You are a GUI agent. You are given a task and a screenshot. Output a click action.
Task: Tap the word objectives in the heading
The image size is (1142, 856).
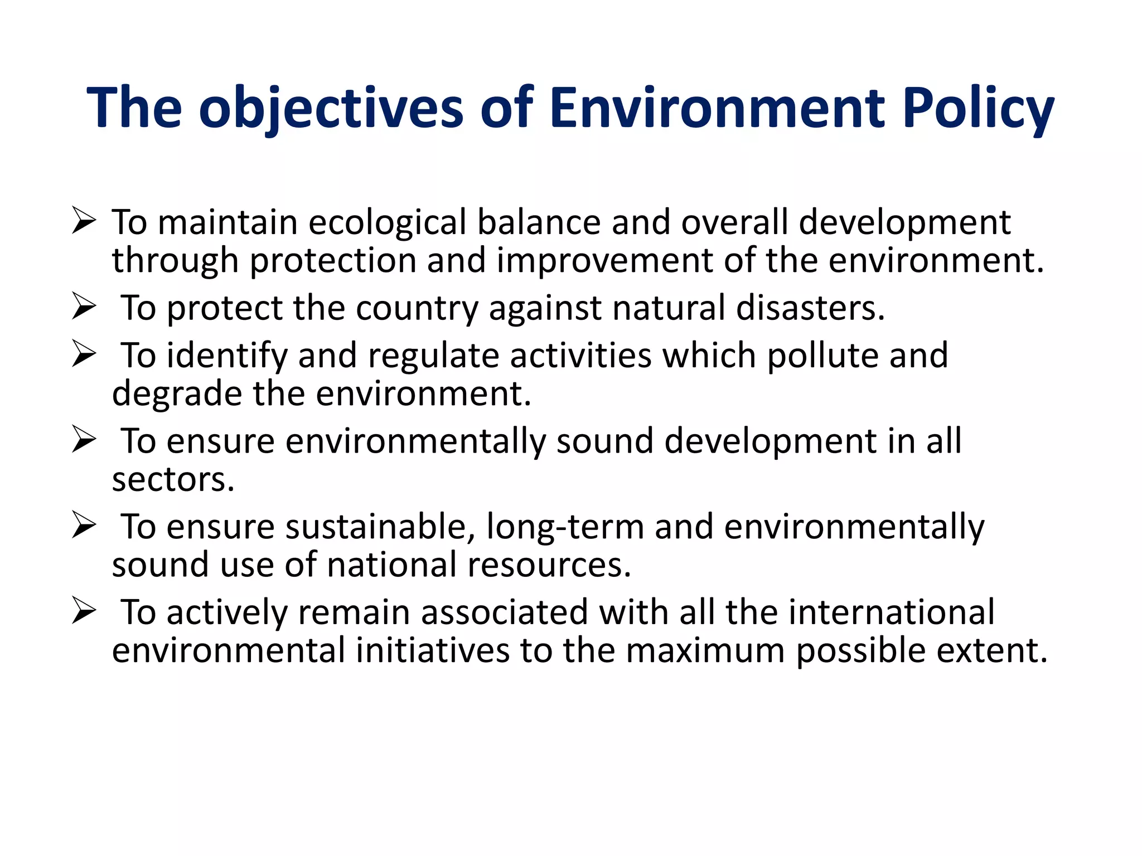pyautogui.click(x=331, y=109)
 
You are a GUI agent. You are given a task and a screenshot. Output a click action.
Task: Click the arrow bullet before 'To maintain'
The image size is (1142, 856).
pyautogui.click(x=84, y=221)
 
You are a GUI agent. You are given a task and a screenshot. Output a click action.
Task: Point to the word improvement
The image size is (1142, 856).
pyautogui.click(x=604, y=261)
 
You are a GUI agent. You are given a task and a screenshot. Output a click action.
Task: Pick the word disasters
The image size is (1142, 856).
pyautogui.click(x=810, y=308)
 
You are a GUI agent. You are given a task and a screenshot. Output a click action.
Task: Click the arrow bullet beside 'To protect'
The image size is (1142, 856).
pyautogui.click(x=84, y=307)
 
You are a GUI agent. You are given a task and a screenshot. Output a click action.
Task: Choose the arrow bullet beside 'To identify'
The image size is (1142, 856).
pyautogui.click(x=84, y=354)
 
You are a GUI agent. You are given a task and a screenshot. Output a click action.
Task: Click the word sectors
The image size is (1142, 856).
pyautogui.click(x=173, y=480)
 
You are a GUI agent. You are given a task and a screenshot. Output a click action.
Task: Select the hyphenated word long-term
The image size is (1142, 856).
pyautogui.click(x=565, y=527)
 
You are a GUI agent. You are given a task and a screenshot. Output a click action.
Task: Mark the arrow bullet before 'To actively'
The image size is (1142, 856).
pyautogui.click(x=84, y=611)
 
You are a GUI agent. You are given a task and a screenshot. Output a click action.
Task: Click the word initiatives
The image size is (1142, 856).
pyautogui.click(x=433, y=651)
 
